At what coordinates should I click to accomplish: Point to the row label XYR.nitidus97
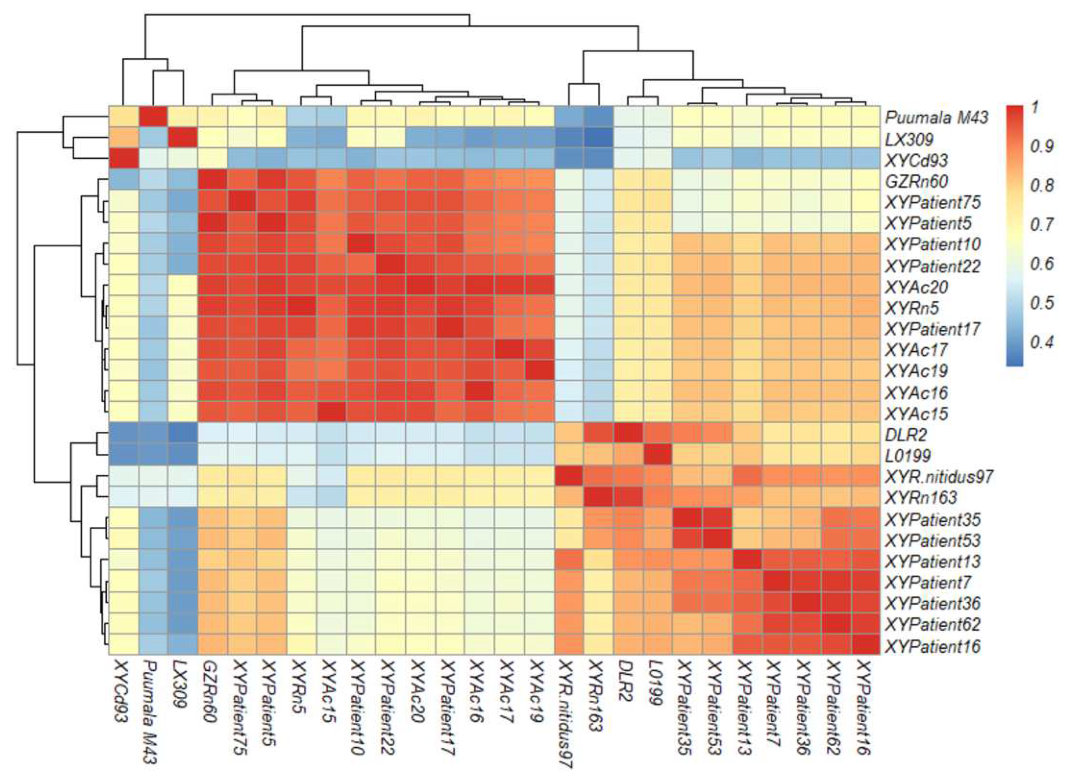939,477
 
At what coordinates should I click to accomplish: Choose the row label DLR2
906,435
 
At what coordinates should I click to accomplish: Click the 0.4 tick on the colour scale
1042,342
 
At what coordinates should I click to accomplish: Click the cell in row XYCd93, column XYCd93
123,158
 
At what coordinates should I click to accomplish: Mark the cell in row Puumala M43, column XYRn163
599,116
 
